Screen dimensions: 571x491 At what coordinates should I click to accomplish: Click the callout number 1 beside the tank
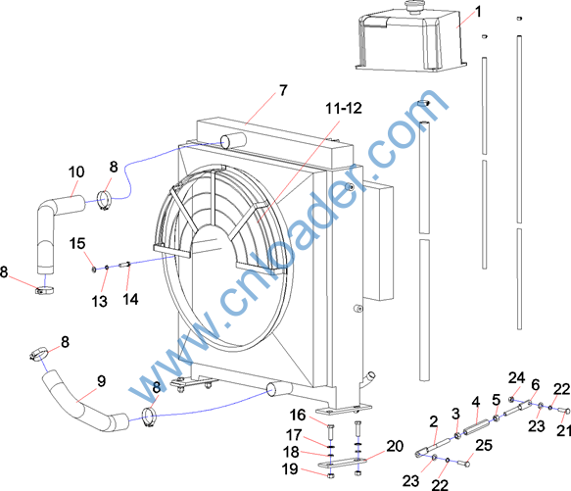point(479,12)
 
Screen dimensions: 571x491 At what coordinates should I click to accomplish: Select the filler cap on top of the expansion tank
point(414,7)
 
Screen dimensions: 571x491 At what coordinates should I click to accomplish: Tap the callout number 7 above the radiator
point(283,90)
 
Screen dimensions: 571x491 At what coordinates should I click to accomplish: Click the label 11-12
point(344,108)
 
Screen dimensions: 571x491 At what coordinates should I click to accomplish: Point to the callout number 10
point(76,172)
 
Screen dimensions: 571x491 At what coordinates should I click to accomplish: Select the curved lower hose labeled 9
point(84,401)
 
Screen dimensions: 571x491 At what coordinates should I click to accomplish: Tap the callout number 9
point(101,381)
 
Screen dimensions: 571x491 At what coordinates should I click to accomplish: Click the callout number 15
point(77,243)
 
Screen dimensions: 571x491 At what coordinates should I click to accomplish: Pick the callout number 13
point(99,301)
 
